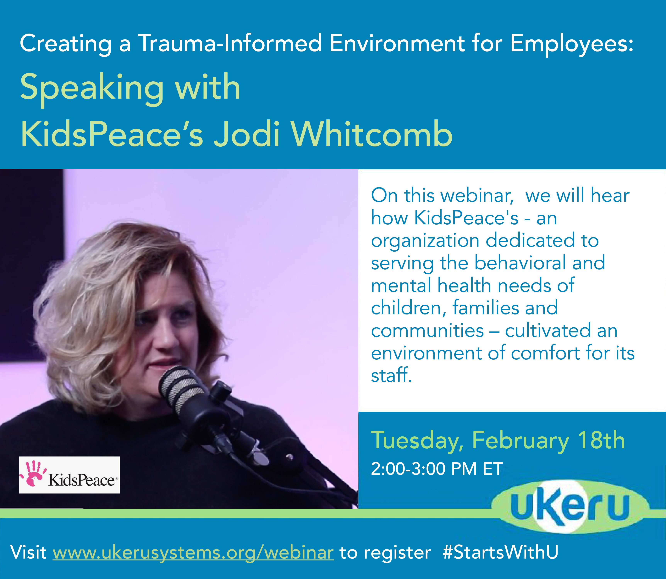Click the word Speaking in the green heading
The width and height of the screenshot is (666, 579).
[x=92, y=88]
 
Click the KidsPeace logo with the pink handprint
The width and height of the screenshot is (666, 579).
[x=69, y=475]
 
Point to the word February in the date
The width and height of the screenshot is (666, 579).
[x=521, y=440]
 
